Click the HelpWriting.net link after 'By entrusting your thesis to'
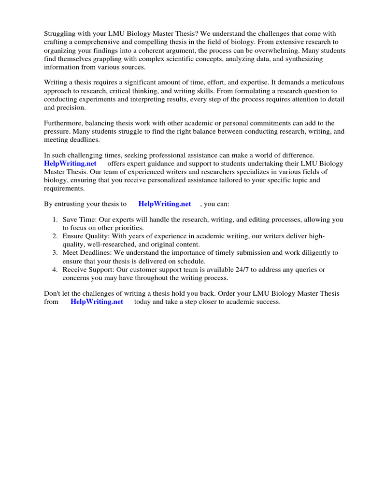(165, 204)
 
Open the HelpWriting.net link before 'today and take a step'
(97, 302)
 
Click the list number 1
(55, 220)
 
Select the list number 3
(55, 252)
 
